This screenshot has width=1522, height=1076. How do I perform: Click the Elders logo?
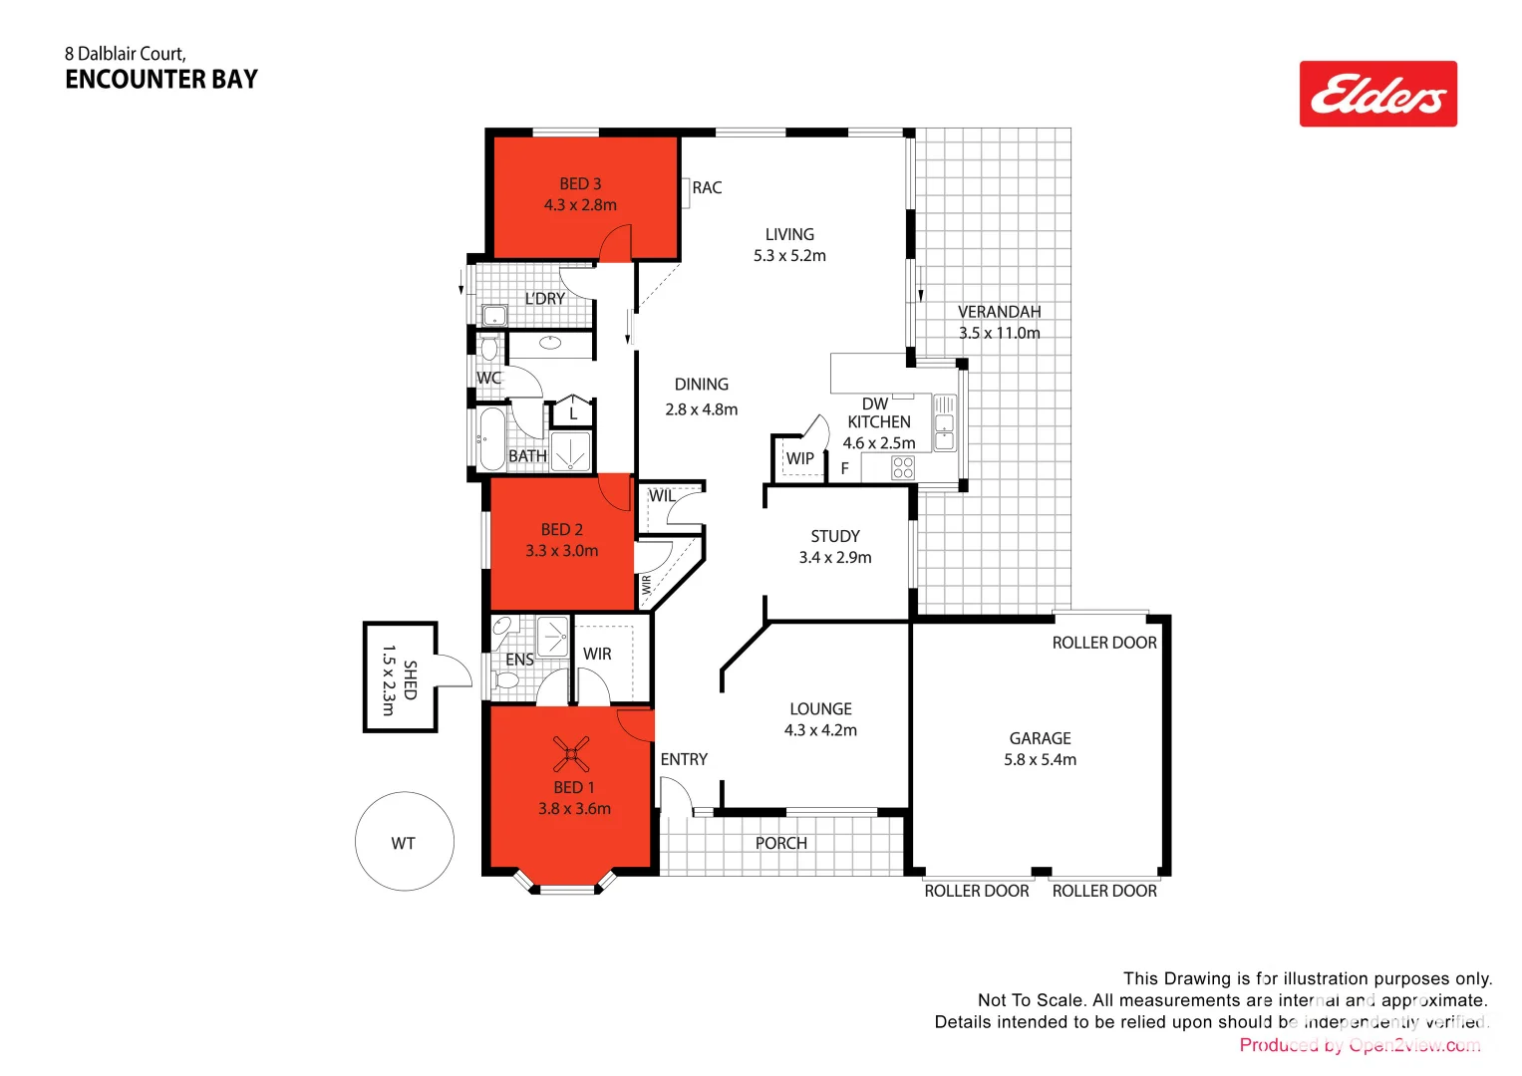(x=1377, y=94)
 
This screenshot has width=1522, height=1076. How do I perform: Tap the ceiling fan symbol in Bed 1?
(x=571, y=754)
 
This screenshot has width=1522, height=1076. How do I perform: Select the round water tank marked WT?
(x=405, y=842)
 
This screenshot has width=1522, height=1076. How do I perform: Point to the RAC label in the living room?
(x=707, y=188)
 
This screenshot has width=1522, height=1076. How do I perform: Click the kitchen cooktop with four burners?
(x=903, y=467)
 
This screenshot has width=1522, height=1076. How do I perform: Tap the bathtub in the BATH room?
(x=489, y=438)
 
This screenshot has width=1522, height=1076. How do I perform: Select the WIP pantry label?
(x=799, y=459)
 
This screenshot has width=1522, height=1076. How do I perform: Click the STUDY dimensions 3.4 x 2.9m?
(x=835, y=558)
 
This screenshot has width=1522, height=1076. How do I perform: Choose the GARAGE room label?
(x=1040, y=738)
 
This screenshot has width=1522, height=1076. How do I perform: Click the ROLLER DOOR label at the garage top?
(x=1104, y=644)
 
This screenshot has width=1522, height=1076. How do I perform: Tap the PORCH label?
(x=781, y=843)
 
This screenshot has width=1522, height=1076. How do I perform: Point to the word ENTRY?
(x=684, y=759)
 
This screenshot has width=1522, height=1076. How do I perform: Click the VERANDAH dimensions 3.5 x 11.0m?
(x=999, y=334)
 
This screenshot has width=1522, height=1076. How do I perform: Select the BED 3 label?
(x=580, y=184)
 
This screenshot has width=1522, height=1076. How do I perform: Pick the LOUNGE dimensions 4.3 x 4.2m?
(x=820, y=730)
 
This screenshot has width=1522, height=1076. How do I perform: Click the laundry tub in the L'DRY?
(x=494, y=316)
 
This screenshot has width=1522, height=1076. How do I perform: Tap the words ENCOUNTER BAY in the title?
(x=161, y=80)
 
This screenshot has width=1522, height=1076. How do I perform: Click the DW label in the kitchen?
(x=875, y=403)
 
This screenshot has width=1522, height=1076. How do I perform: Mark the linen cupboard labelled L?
(x=573, y=413)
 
